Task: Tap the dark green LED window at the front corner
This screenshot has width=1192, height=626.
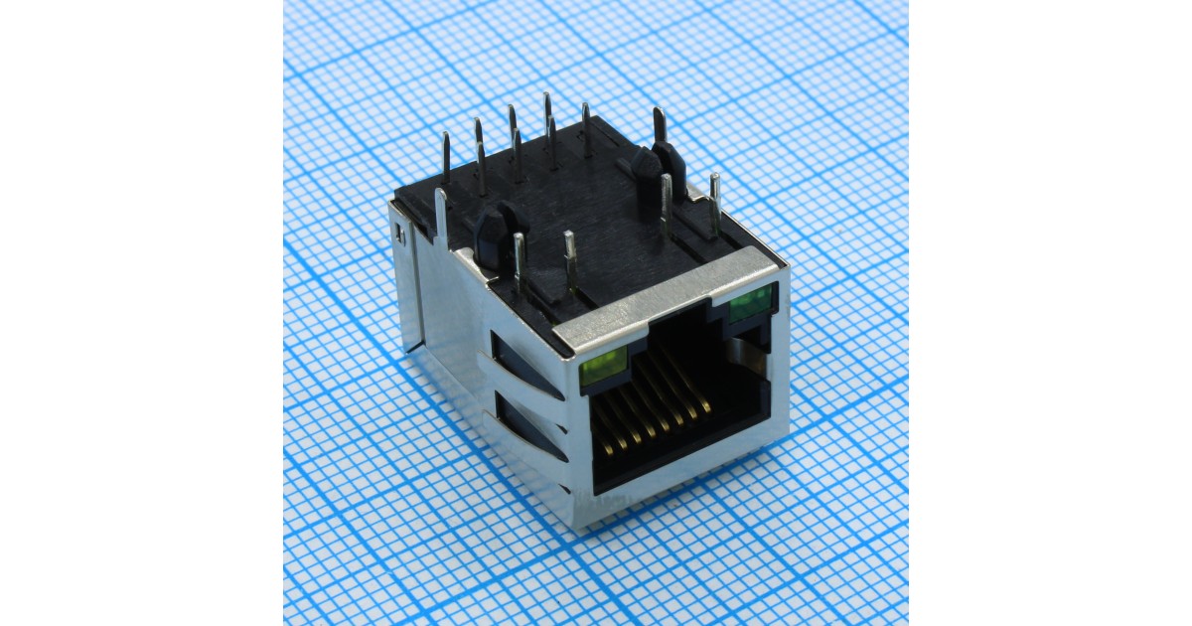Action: point(752,302)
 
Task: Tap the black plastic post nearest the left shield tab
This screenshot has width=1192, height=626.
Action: point(490,236)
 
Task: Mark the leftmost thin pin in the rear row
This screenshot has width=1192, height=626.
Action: point(446,159)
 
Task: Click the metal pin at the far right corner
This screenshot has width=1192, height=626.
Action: point(714,204)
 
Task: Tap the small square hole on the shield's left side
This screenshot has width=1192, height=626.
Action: point(400,235)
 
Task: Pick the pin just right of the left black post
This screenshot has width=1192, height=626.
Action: point(518,260)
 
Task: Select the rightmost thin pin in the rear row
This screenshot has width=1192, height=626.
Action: point(586,129)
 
